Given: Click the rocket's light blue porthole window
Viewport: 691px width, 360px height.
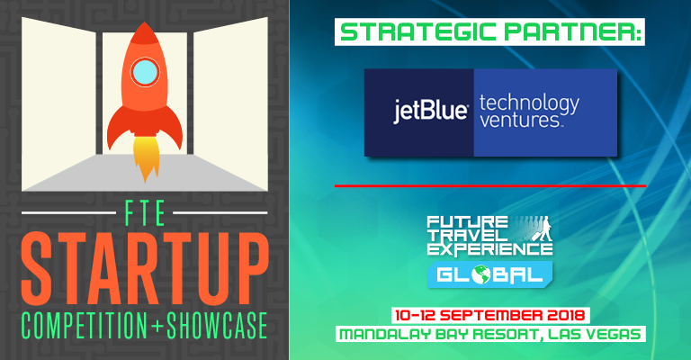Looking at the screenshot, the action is [145, 72].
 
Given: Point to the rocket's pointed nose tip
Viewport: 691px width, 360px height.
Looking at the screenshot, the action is [144, 22].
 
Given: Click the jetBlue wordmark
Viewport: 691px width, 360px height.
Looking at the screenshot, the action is [431, 112].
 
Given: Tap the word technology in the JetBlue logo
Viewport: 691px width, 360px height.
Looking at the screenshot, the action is [529, 103].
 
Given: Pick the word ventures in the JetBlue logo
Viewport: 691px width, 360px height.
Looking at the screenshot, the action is [520, 120].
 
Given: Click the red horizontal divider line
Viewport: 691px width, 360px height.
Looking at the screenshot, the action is [490, 186].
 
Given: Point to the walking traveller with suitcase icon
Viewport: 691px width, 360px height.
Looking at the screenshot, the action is [544, 229].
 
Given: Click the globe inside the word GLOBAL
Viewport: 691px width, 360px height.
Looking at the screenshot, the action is [481, 275].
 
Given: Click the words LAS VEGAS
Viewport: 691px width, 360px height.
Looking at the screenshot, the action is [595, 334].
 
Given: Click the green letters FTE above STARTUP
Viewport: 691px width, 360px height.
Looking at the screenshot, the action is [145, 213].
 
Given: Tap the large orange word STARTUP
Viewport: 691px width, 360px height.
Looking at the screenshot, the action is [145, 269].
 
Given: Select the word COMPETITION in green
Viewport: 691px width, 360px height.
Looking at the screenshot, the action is [85, 326].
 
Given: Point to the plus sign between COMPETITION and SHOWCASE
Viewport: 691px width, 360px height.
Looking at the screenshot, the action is [157, 327].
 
